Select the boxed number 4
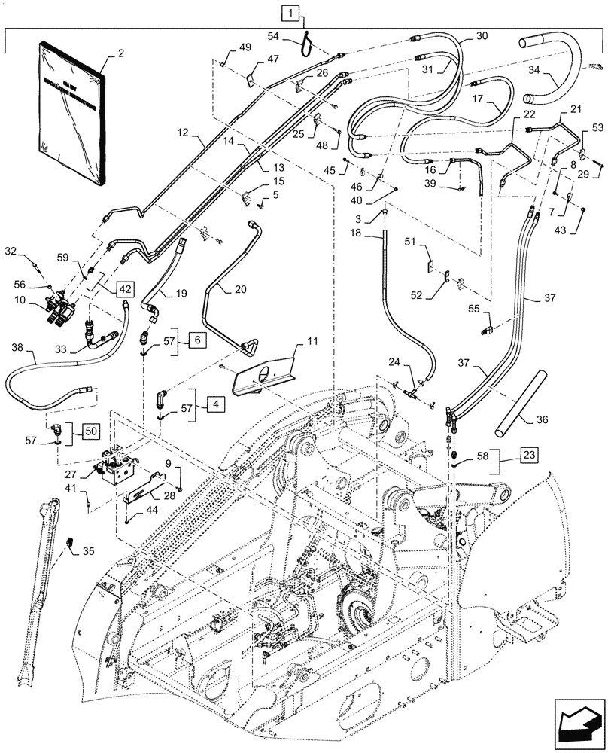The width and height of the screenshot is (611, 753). tap(214, 404)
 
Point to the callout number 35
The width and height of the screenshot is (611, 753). tap(90, 552)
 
